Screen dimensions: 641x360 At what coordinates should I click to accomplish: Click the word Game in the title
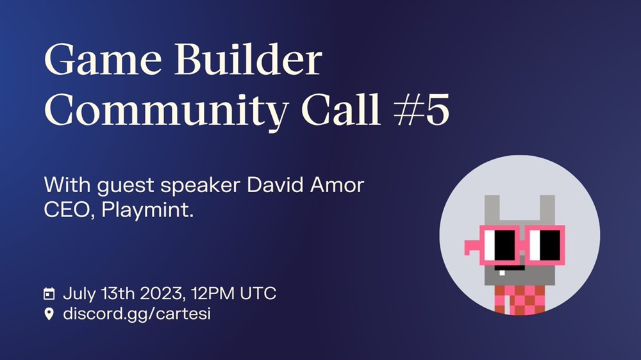coord(103,60)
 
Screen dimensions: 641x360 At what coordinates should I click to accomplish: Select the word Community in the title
coord(166,110)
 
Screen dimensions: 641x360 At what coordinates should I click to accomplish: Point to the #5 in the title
coord(422,109)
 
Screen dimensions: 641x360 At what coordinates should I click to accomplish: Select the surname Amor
coord(337,185)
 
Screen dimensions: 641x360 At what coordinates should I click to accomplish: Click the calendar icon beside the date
coord(49,293)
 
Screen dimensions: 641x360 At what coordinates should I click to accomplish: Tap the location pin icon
coord(49,314)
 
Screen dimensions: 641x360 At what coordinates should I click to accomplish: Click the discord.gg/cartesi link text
coord(137,315)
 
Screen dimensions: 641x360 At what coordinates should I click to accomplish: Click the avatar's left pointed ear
coord(492,210)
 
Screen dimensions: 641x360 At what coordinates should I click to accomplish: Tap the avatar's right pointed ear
coord(548,210)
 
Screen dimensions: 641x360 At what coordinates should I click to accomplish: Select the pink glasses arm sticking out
coord(472,247)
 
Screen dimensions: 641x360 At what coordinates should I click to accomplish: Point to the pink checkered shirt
coord(520,300)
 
